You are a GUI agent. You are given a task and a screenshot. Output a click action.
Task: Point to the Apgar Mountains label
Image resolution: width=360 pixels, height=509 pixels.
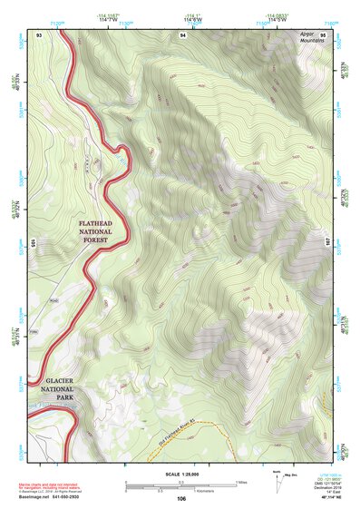tap(312, 38)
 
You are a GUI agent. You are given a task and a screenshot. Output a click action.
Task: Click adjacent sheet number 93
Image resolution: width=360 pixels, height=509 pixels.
tap(39, 34)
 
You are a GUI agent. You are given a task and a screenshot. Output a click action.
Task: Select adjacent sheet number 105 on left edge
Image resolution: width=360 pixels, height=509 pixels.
tap(33, 243)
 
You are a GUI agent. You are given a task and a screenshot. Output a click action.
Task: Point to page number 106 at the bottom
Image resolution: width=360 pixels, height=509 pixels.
tap(181, 498)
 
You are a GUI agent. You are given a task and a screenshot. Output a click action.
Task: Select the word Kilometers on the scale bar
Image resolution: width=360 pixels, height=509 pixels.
tap(216, 490)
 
